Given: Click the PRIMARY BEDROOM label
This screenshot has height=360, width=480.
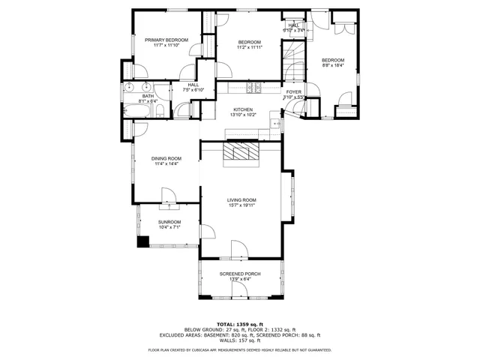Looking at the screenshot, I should (166, 40).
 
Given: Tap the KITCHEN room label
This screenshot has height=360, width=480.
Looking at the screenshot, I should (243, 109).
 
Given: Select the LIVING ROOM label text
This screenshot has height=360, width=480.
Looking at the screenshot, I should (242, 199).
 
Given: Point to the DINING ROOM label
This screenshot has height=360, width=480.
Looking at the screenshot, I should (166, 158).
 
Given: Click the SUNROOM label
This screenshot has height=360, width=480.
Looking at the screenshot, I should (169, 222).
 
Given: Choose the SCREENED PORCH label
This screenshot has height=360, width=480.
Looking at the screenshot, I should (240, 274).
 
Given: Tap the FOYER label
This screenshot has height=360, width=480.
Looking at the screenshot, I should (294, 91).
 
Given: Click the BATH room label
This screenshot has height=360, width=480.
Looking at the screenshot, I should (148, 96).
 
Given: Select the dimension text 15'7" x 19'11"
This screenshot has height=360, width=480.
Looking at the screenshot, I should (242, 205).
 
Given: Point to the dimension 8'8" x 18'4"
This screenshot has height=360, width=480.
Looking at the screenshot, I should (333, 66).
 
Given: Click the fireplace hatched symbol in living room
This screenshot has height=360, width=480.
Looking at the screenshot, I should (241, 153).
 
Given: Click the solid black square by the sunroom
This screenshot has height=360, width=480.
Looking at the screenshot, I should (142, 241).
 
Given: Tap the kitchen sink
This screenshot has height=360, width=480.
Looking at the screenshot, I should (276, 123).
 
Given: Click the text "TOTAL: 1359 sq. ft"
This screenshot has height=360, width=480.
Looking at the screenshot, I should (239, 324).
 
